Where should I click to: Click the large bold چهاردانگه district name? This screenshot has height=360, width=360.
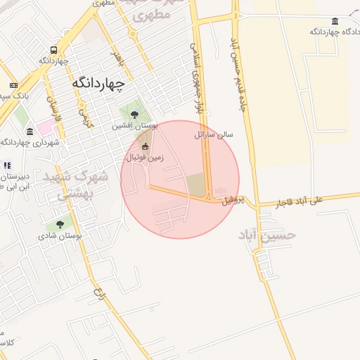98,83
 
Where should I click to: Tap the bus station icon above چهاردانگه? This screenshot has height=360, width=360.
54,50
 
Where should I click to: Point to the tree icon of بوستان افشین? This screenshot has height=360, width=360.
134,115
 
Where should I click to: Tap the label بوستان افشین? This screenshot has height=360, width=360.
135,126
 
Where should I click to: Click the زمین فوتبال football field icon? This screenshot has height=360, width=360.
146,146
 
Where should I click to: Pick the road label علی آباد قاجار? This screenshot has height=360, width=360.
300,201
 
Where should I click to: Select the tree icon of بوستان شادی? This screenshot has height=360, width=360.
60,224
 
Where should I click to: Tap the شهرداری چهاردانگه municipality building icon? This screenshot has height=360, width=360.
29,131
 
